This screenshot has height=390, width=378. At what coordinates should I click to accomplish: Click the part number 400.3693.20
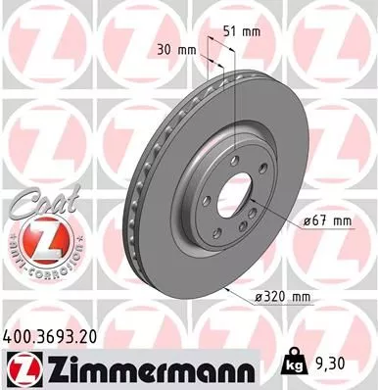[x=58, y=335]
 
